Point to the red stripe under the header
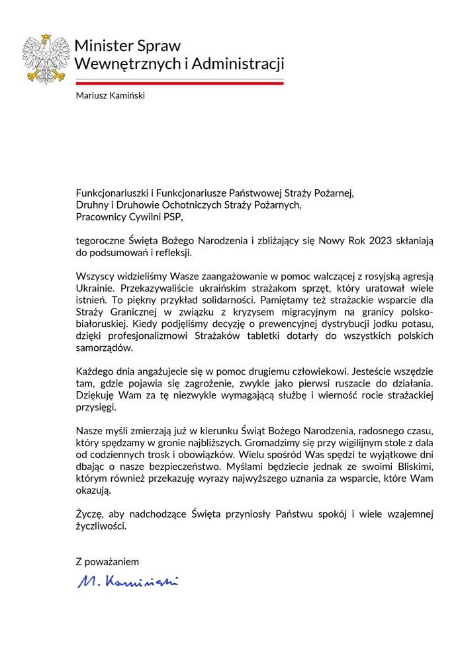tap(179, 83)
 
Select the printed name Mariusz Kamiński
tap(110, 96)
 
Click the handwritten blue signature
tap(128, 582)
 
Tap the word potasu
tap(416, 324)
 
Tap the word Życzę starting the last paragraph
tap(89, 514)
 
